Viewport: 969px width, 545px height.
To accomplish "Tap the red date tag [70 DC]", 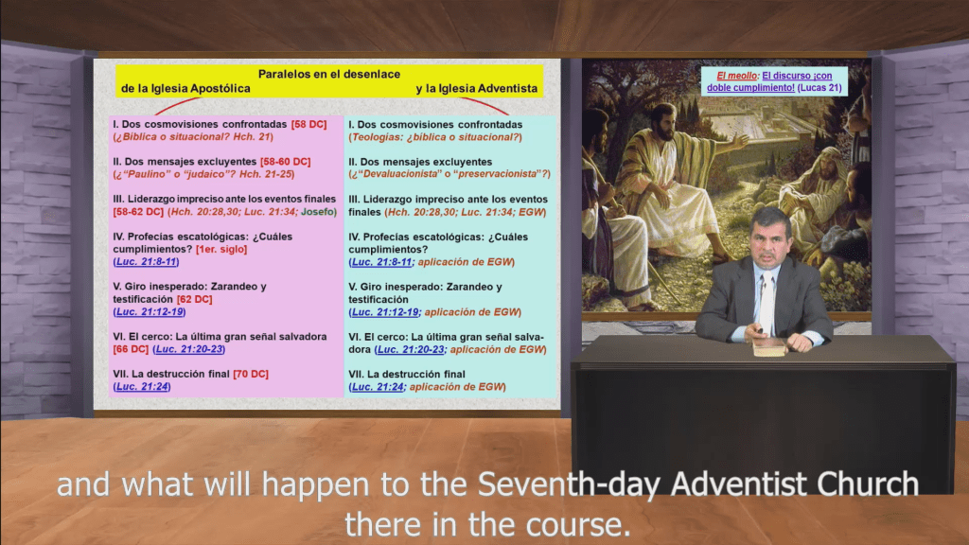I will [x=251, y=374].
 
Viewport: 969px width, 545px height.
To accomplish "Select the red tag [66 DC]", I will [x=131, y=349].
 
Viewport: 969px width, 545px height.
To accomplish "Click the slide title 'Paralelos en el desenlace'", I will [x=329, y=74].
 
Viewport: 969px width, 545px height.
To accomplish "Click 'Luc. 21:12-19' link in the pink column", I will [x=149, y=311].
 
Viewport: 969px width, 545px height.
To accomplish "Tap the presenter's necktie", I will [x=765, y=303].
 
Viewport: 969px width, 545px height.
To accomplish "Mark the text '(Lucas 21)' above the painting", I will [x=821, y=87].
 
